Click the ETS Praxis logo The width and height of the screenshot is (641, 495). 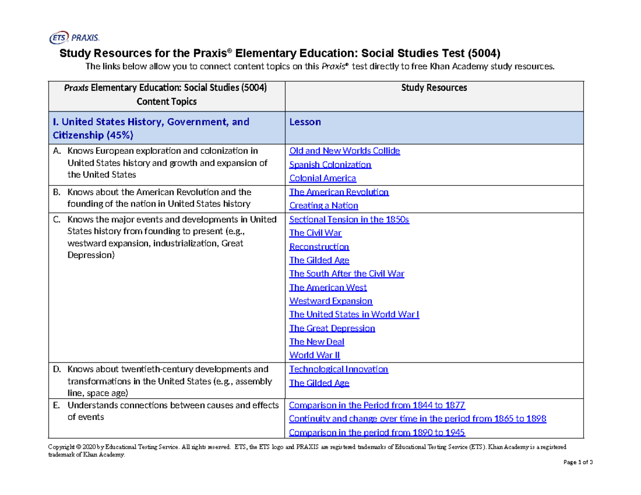(74, 37)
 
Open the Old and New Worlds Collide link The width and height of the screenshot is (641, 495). (344, 151)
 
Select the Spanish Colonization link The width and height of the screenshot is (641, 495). (330, 164)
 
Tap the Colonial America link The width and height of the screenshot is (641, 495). (322, 178)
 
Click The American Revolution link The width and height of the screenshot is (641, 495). (339, 192)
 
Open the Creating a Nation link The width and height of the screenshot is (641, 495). (323, 206)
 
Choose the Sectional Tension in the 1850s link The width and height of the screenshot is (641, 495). (349, 219)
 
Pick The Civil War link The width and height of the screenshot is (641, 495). (315, 233)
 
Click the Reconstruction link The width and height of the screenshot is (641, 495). (319, 247)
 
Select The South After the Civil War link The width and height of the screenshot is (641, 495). (346, 274)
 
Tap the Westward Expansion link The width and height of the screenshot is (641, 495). (331, 301)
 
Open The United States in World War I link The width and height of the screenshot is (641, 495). (354, 315)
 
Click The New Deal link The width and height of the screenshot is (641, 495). (316, 342)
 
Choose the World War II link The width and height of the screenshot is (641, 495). (314, 355)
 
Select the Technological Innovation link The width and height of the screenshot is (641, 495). (338, 369)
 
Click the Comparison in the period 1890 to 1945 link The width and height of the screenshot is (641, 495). (377, 433)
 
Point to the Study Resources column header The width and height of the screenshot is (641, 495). (434, 88)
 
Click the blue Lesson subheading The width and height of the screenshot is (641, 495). (304, 122)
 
